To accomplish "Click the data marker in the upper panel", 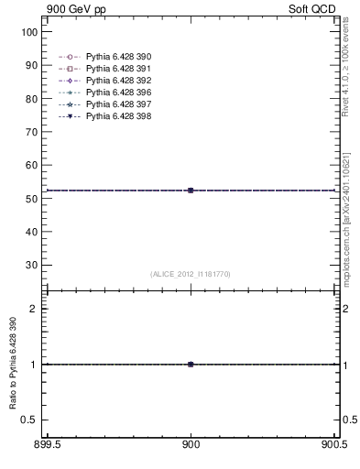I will (191, 191).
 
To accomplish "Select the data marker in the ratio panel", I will (191, 364).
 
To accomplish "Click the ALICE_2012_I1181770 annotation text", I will (191, 274).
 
